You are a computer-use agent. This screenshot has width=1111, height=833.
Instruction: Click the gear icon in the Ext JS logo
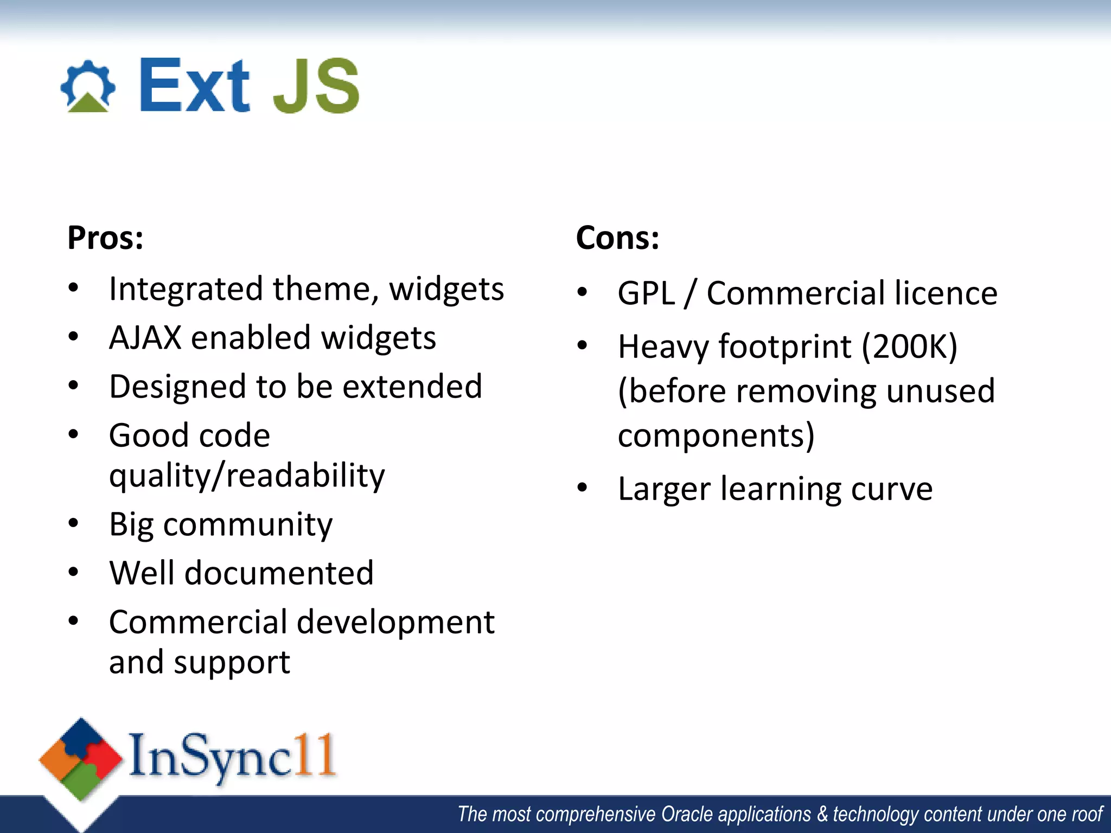(88, 87)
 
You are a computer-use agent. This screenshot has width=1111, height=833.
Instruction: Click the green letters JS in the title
(316, 87)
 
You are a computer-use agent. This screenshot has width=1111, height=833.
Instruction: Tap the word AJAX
(145, 338)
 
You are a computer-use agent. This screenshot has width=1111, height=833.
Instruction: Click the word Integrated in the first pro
(186, 289)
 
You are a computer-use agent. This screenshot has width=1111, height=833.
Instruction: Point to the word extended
(412, 387)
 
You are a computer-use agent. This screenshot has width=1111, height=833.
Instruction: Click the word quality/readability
(247, 476)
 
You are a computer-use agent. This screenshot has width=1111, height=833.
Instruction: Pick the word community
(248, 525)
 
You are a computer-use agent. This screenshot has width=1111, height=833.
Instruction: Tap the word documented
(279, 573)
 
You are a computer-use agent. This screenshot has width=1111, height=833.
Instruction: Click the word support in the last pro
(232, 663)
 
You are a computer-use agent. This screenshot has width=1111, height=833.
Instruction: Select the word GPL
(646, 293)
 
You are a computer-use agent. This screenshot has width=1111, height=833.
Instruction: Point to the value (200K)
(909, 347)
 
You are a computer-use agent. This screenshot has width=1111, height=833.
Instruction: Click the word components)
(716, 435)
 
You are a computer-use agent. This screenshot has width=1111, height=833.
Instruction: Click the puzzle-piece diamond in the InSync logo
(81, 759)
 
